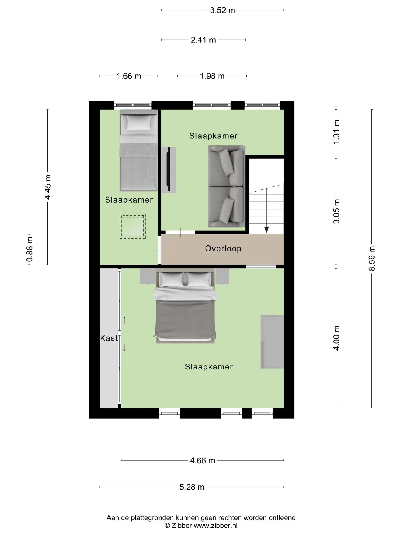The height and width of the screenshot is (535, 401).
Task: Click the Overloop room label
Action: [223, 249]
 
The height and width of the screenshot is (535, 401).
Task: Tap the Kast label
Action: [109, 338]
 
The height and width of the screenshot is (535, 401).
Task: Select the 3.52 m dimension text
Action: [222, 10]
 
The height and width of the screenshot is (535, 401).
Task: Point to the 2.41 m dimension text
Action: [203, 40]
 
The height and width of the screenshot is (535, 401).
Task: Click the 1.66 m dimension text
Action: [129, 76]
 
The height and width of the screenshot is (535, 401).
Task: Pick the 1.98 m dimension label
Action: [212, 76]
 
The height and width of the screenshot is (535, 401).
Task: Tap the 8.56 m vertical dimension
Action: [372, 259]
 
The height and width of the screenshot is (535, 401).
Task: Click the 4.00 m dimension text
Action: [336, 338]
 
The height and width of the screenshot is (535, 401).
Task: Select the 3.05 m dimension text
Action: [336, 211]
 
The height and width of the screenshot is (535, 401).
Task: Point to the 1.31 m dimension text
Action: [336, 132]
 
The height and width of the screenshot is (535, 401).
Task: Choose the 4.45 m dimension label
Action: [48, 187]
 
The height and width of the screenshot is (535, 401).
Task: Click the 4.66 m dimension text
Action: [203, 460]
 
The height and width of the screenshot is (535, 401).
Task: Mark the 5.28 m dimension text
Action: [192, 487]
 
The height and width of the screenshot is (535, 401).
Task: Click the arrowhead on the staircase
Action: [267, 230]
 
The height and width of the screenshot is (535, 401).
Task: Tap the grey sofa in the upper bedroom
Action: [226, 186]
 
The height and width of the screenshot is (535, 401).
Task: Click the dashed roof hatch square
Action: [133, 226]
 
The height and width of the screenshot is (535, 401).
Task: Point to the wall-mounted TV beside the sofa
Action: [169, 169]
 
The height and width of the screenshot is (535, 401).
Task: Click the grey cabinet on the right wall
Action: [272, 342]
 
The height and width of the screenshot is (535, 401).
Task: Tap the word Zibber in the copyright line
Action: [182, 526]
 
